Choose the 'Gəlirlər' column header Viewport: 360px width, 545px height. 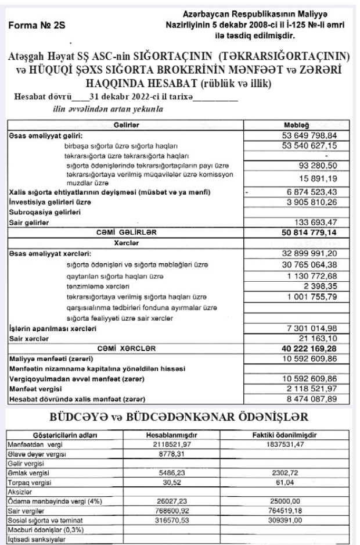point(125,125)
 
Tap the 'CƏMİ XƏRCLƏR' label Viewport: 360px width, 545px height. point(125,348)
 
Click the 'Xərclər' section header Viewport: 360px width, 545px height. point(125,243)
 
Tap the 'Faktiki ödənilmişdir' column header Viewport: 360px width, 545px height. point(287,435)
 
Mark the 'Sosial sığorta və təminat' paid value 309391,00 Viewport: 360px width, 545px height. point(287,521)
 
